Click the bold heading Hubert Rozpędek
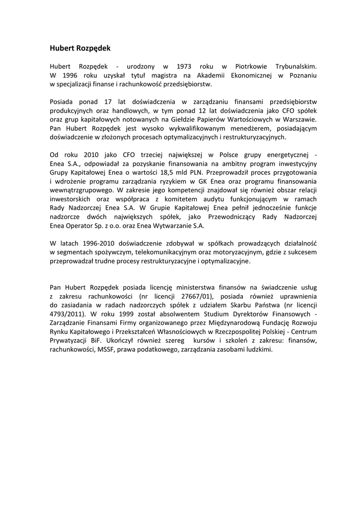[80, 48]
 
